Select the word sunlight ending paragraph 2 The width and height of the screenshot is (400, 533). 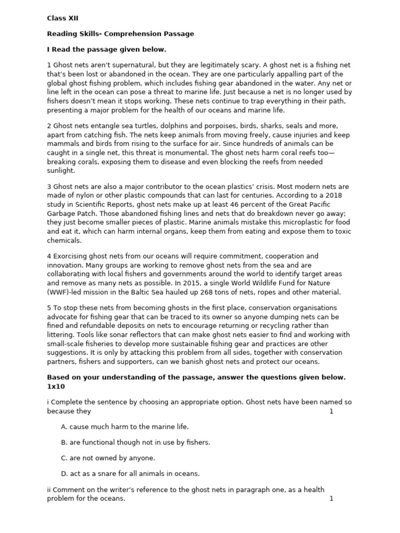click(x=60, y=170)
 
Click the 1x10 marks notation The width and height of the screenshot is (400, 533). click(x=57, y=386)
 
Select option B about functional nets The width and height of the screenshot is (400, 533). click(x=135, y=442)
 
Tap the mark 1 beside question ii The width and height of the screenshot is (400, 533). click(x=331, y=499)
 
